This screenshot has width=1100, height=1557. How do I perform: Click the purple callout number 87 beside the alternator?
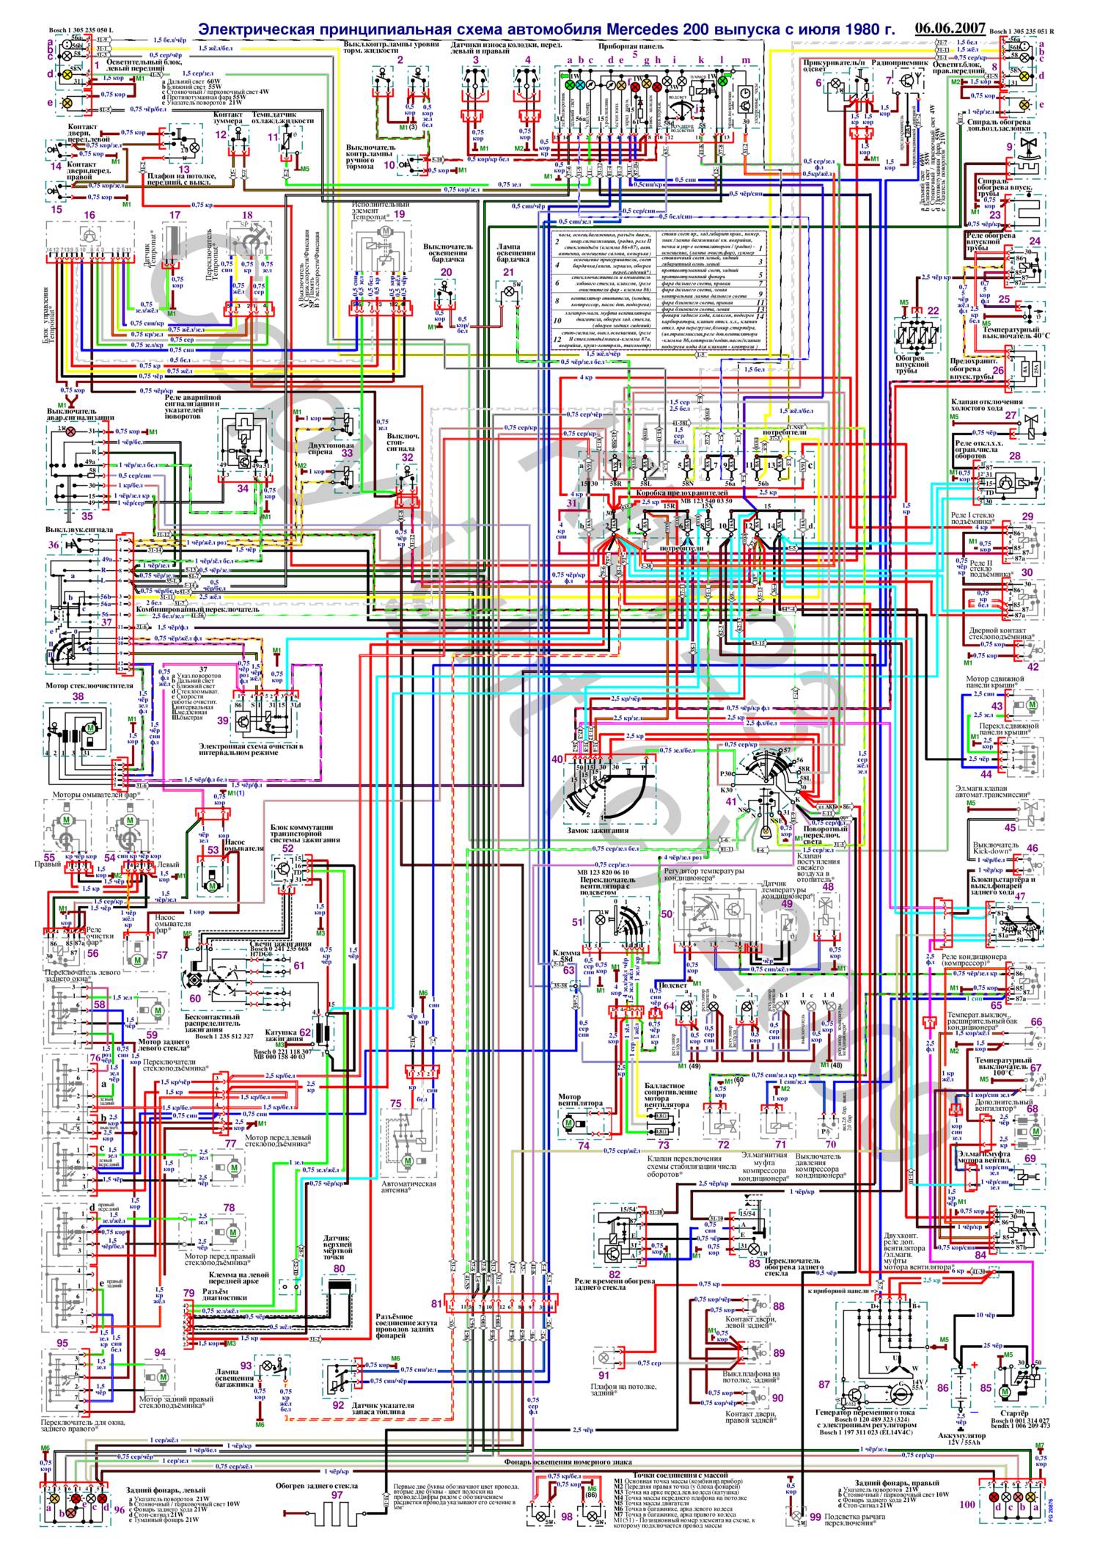824,1384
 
